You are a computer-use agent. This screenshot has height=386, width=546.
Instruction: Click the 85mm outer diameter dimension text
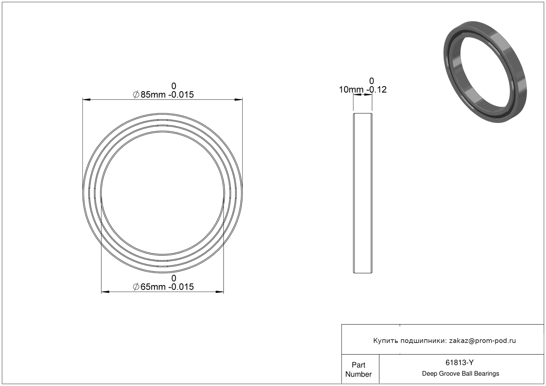coord(153,94)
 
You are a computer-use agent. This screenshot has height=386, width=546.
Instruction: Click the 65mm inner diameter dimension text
coord(153,287)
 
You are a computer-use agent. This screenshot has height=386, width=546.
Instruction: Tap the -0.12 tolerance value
coord(376,89)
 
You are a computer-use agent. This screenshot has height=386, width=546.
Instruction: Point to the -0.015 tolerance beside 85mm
coord(181,94)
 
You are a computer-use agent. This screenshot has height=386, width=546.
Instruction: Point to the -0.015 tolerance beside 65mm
coord(181,287)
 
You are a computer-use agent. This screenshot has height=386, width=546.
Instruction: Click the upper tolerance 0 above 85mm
coord(173,86)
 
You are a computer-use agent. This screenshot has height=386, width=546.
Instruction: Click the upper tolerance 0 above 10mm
coord(372,81)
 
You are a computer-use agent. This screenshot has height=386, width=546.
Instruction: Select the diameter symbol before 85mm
coord(136,94)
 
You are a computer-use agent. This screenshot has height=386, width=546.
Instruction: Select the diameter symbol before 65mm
coord(136,287)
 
